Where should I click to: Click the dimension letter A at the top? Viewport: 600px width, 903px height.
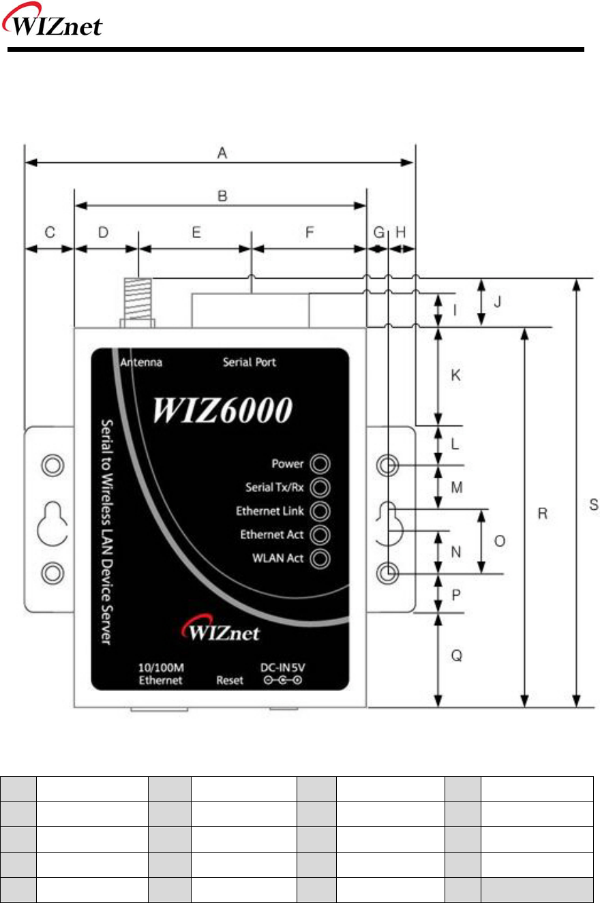click(x=221, y=154)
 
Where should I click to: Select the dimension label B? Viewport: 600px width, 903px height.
click(x=222, y=196)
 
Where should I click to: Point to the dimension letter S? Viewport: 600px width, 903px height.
click(x=593, y=505)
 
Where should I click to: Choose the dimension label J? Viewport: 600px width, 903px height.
click(x=498, y=301)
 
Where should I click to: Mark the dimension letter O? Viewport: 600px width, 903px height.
click(x=499, y=541)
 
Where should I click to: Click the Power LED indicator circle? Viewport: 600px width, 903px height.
click(x=320, y=464)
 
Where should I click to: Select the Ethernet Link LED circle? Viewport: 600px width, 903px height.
click(x=320, y=511)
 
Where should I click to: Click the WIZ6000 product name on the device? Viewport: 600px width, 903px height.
click(x=222, y=410)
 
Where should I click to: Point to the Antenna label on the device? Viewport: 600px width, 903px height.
click(x=141, y=363)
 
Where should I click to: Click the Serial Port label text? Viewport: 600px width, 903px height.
click(x=250, y=363)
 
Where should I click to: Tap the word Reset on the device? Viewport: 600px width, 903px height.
click(x=230, y=680)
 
